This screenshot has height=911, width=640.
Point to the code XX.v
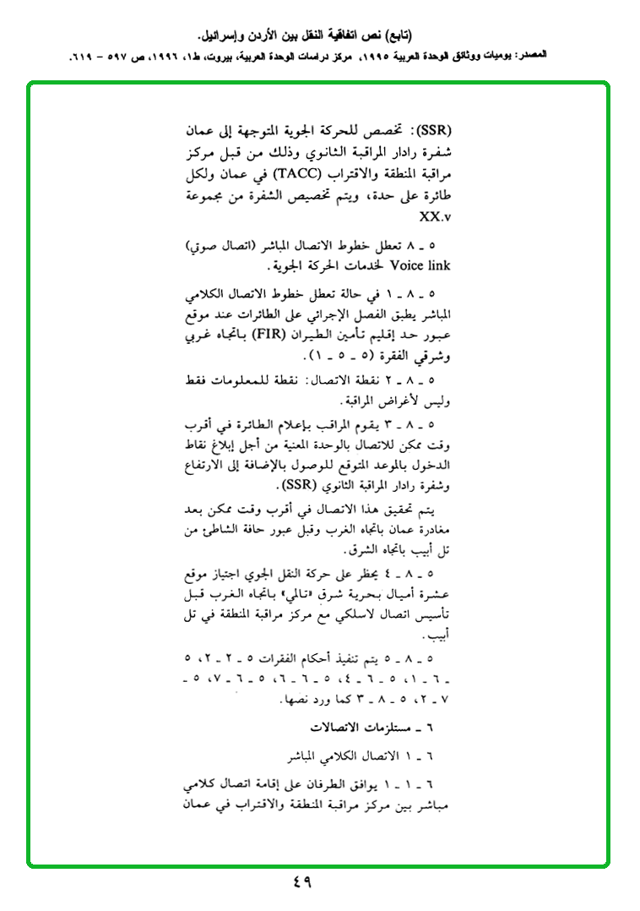pos(436,216)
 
